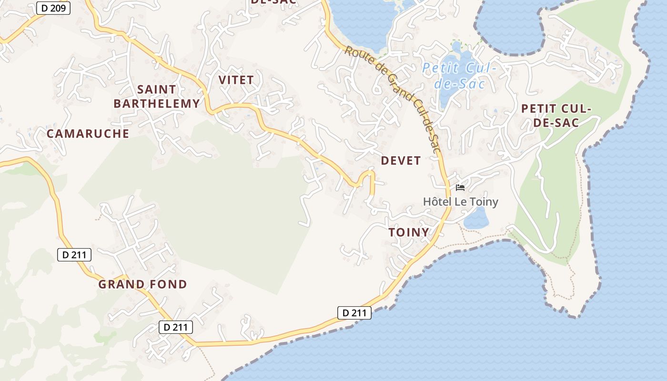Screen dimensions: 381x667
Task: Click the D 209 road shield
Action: pos(53,8)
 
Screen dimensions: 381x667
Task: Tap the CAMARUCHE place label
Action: pos(88,134)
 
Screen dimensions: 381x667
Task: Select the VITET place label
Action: pos(236,80)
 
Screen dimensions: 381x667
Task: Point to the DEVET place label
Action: pos(401,161)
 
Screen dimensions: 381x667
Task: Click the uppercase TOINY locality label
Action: pos(408,232)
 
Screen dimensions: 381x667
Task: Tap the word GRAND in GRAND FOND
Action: pos(121,285)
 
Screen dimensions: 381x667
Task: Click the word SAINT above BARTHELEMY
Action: pos(156,90)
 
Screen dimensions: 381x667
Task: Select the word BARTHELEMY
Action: pos(156,104)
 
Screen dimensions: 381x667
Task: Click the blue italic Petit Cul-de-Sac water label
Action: pos(459,76)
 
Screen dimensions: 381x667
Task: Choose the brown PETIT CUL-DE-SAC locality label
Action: pos(556,116)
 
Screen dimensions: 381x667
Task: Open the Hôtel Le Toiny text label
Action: pos(460,202)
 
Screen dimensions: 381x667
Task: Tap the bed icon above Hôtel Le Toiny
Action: pos(460,188)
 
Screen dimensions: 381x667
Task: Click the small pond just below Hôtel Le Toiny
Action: pos(475,219)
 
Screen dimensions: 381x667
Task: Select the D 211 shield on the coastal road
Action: pos(354,313)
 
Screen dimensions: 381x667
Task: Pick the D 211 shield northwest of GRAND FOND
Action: pos(74,255)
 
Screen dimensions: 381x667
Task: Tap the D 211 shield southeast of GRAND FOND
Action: pos(176,327)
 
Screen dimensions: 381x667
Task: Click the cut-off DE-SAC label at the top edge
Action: pos(273,2)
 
